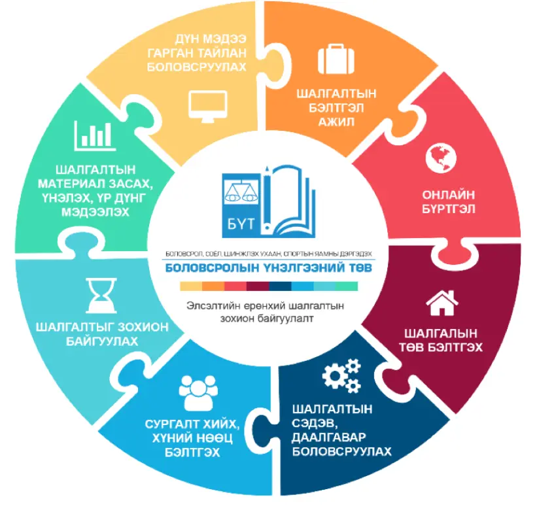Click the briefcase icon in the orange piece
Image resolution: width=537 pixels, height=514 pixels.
pos(336,59)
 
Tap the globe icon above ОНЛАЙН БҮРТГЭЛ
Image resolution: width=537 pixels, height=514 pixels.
pos(441,158)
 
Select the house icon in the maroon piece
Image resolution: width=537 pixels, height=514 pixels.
pos(442,303)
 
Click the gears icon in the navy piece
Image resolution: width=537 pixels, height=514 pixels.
pos(341,375)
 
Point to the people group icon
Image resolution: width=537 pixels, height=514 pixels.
pos(198,393)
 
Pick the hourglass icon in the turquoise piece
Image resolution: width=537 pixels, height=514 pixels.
pos(101,295)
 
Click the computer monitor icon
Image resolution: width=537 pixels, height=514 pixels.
pos(208,107)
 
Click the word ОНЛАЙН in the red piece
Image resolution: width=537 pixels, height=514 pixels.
pos(448,194)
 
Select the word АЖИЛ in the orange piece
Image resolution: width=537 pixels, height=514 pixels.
pos(336,122)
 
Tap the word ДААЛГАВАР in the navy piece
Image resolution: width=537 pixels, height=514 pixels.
pos(329,437)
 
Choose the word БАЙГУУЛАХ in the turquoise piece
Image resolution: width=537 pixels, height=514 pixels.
pos(102,341)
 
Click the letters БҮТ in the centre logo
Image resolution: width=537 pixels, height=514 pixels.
pos(241,224)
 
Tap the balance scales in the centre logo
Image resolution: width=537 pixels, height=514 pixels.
pos(241,192)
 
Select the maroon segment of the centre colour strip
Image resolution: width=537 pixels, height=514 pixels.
pos(258,286)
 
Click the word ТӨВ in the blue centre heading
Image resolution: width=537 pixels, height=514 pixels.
pos(360,267)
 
